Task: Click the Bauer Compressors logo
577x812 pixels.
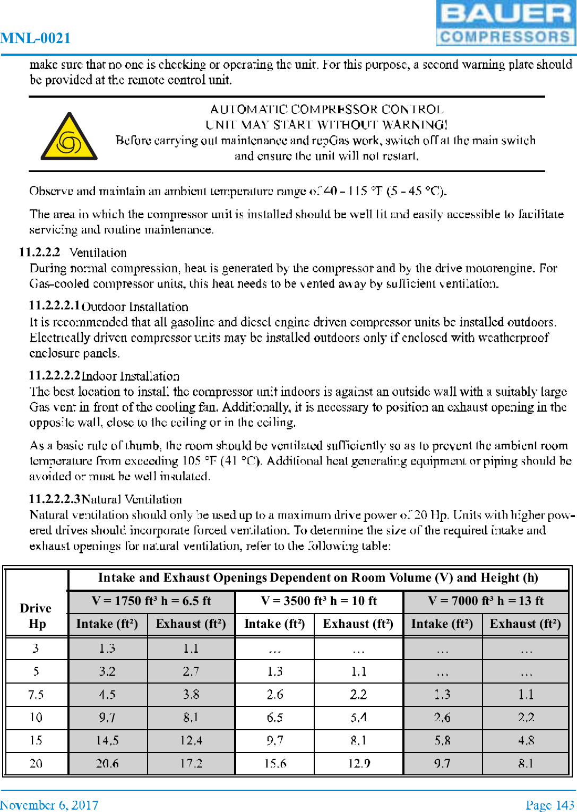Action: click(505, 23)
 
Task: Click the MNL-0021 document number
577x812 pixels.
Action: click(36, 38)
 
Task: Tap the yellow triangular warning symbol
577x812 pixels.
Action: click(69, 137)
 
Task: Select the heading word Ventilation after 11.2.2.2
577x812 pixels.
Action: click(98, 253)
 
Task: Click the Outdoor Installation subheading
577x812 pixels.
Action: click(135, 307)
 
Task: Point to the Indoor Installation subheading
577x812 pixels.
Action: click(130, 376)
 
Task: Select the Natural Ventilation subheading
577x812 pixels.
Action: click(132, 499)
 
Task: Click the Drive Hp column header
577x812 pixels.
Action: click(36, 616)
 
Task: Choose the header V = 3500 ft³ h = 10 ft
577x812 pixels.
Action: click(319, 601)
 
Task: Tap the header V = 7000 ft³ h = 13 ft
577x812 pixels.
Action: click(486, 601)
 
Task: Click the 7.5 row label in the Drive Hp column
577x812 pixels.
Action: click(36, 694)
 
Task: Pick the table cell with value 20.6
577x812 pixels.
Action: click(107, 763)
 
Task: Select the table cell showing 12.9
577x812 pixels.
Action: click(359, 763)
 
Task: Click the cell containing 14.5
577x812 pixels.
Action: click(107, 740)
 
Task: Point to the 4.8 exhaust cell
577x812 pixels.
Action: click(526, 740)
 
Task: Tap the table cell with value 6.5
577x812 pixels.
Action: click(274, 718)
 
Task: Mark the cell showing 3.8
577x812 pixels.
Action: click(191, 694)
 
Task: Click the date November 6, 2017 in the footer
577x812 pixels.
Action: click(49, 805)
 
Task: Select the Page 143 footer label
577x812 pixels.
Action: click(550, 805)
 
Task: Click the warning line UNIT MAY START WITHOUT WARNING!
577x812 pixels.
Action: click(326, 125)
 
